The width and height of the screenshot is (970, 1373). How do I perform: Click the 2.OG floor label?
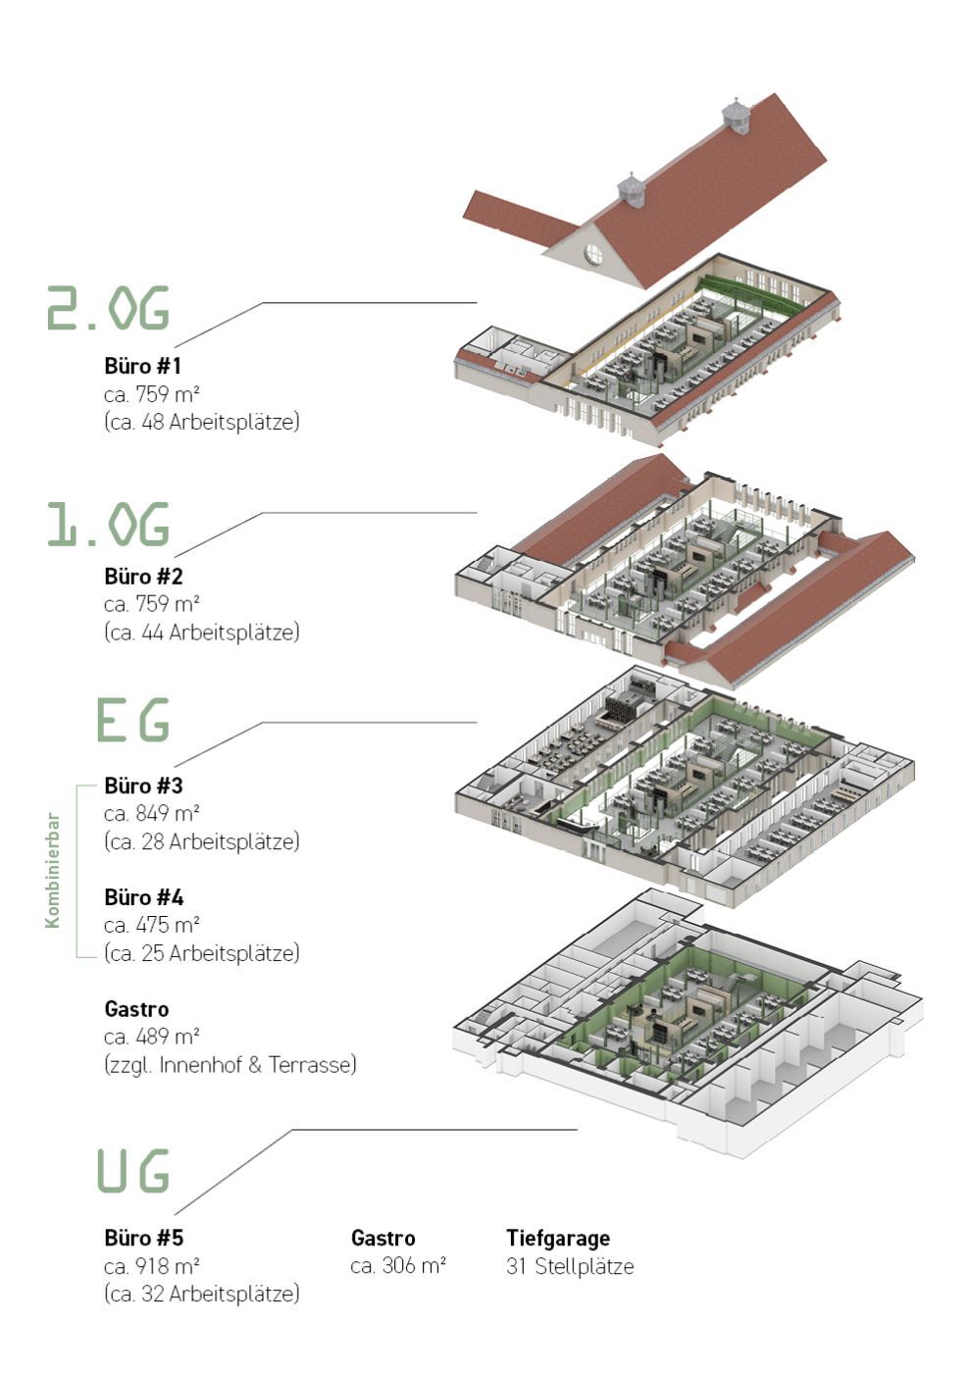pyautogui.click(x=108, y=308)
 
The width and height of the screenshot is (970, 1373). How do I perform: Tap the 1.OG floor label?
pyautogui.click(x=108, y=524)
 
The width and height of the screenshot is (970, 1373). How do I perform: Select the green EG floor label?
pyautogui.click(x=132, y=719)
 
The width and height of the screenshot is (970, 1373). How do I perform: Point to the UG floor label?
pyautogui.click(x=132, y=1170)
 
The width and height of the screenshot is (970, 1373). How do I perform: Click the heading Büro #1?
pyautogui.click(x=143, y=366)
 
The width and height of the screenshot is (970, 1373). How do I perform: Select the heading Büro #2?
pyautogui.click(x=143, y=577)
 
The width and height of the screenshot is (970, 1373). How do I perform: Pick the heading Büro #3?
pyautogui.click(x=143, y=786)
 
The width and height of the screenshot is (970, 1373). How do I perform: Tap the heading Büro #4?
pyautogui.click(x=143, y=897)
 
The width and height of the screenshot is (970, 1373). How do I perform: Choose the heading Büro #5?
pyautogui.click(x=143, y=1238)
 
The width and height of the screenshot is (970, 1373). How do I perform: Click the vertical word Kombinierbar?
pyautogui.click(x=53, y=870)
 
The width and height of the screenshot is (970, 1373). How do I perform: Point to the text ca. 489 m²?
pyautogui.click(x=152, y=1037)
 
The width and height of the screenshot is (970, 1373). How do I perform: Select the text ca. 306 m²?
pyautogui.click(x=398, y=1265)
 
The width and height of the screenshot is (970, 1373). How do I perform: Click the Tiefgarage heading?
pyautogui.click(x=558, y=1238)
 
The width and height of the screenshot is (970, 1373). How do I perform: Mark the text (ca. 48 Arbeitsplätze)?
pyautogui.click(x=202, y=423)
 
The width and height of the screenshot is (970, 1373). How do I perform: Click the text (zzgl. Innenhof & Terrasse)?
pyautogui.click(x=230, y=1065)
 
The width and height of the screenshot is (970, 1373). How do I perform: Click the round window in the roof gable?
pyautogui.click(x=593, y=252)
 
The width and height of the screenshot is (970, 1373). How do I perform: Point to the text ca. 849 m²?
pyautogui.click(x=152, y=813)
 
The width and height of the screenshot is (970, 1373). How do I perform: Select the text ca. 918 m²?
pyautogui.click(x=152, y=1265)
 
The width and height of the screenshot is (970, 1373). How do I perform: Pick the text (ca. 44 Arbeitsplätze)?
pyautogui.click(x=202, y=633)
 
